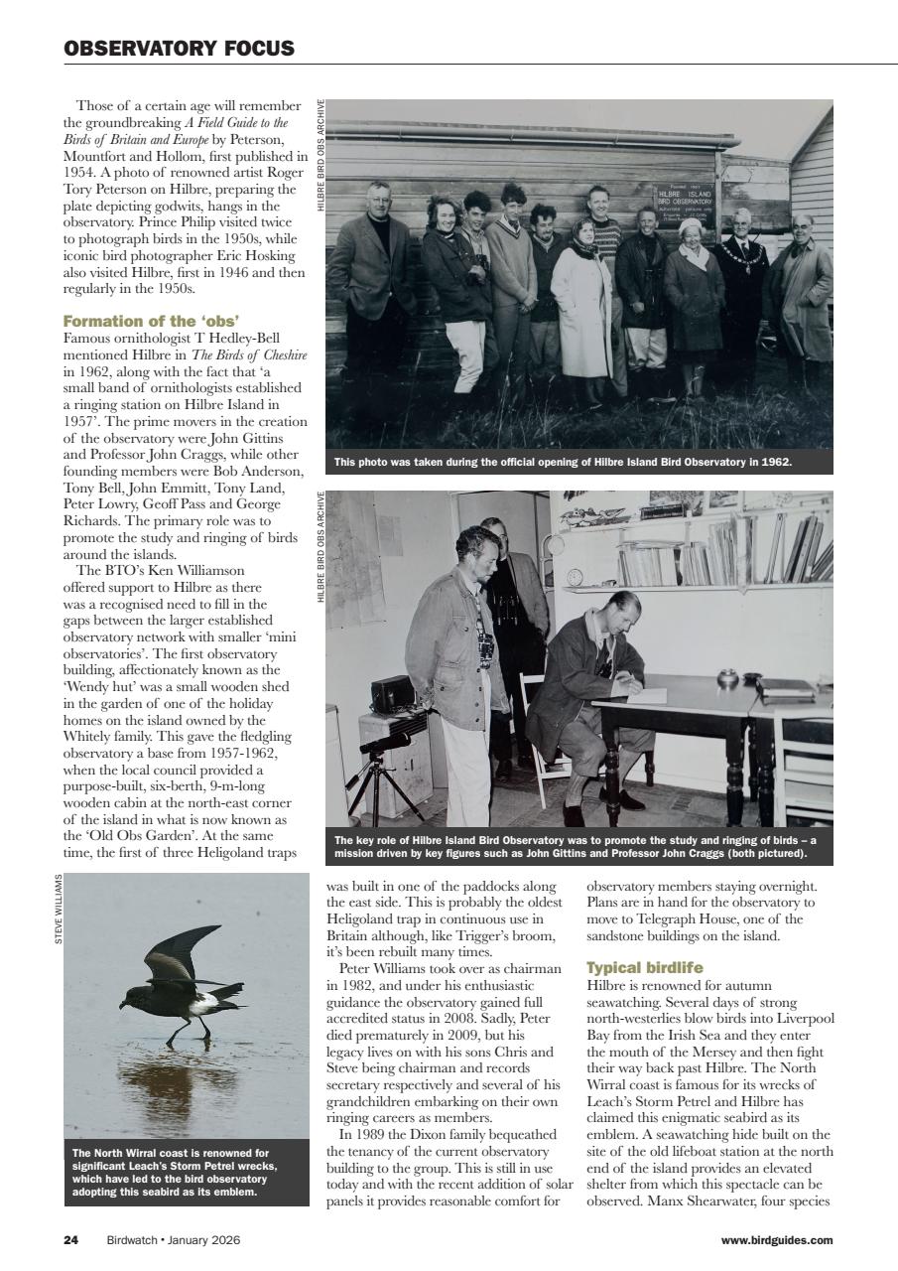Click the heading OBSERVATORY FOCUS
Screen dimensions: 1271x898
(179, 49)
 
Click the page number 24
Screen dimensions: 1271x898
(70, 1239)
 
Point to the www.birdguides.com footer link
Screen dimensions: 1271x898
(776, 1239)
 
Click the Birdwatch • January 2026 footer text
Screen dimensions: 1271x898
(174, 1239)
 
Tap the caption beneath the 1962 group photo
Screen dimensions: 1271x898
(563, 462)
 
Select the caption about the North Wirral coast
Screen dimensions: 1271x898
(174, 1173)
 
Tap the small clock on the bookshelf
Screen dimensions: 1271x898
(576, 577)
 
